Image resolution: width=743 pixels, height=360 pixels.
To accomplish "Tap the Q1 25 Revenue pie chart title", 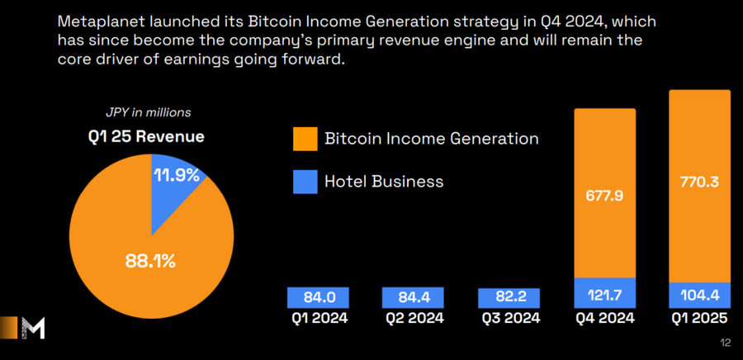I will click(147, 135).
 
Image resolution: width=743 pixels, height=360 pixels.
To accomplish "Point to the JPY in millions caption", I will click(147, 112).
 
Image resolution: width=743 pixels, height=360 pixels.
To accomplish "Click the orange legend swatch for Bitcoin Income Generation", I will click(305, 139).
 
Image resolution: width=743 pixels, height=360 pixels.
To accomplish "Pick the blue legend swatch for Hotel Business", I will click(305, 182).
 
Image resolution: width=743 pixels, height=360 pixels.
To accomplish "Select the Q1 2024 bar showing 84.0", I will click(318, 297).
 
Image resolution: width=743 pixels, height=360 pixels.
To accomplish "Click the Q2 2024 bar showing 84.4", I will click(413, 297).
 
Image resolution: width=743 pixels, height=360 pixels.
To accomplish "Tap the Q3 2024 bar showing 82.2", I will click(509, 297).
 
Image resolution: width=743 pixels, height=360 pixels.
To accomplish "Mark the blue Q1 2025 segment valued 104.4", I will click(699, 293).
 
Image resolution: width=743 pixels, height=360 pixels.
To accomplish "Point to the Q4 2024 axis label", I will click(605, 318).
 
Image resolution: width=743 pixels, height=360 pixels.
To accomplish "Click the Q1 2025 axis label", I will click(699, 318).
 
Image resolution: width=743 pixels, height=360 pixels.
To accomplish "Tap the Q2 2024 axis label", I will click(413, 318).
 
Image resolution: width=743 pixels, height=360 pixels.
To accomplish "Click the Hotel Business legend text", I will click(384, 182).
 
